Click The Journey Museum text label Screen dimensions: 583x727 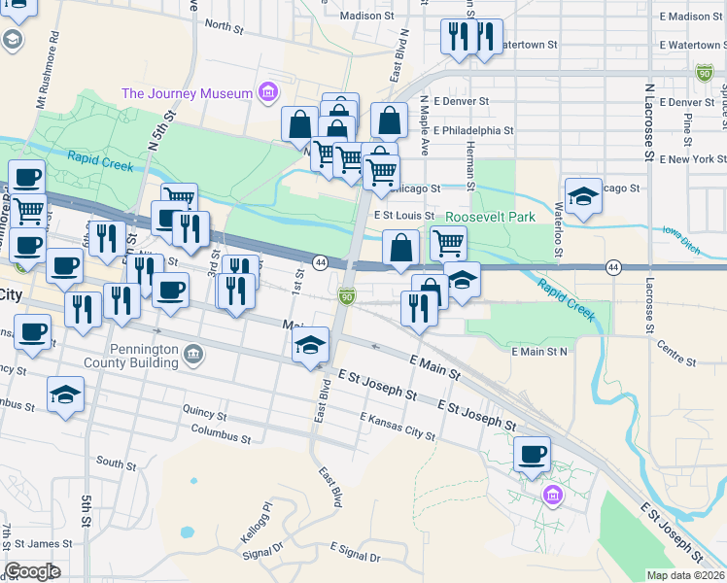pos(187,93)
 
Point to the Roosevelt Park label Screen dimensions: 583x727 pos(491,218)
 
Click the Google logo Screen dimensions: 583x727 pos(32,571)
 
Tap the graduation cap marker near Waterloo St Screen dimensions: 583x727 pos(583,195)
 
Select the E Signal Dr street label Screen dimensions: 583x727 pos(356,553)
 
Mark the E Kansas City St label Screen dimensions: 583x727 pos(397,426)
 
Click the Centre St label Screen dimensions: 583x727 pos(676,353)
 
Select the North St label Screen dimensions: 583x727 pos(223,25)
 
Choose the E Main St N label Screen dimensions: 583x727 pos(537,350)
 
